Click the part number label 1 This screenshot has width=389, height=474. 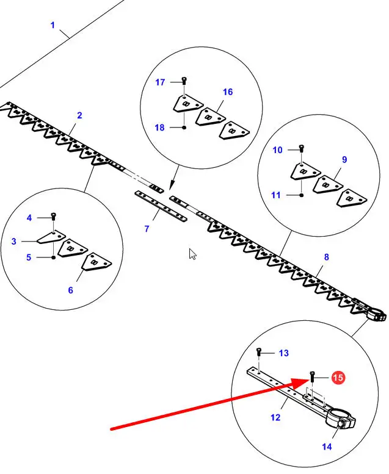pyautogui.click(x=53, y=25)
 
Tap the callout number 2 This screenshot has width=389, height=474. pyautogui.click(x=79, y=115)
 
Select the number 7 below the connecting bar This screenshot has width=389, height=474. pyautogui.click(x=147, y=229)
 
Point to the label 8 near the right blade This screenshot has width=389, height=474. pyautogui.click(x=326, y=257)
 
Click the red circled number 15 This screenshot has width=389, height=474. pyautogui.click(x=338, y=378)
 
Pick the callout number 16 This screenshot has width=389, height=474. pyautogui.click(x=228, y=92)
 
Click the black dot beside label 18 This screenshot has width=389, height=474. pyautogui.click(x=184, y=127)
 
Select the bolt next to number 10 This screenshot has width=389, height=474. pyautogui.click(x=302, y=149)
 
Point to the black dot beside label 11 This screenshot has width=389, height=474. pyautogui.click(x=302, y=195)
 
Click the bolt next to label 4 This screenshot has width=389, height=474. pyautogui.click(x=54, y=217)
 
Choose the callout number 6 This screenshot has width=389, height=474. pyautogui.click(x=70, y=290)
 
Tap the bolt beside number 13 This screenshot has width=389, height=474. pyautogui.click(x=260, y=352)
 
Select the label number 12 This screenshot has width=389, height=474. pyautogui.click(x=275, y=417)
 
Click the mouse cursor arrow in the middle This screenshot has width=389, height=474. pyautogui.click(x=193, y=254)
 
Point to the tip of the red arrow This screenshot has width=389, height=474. pyautogui.click(x=309, y=379)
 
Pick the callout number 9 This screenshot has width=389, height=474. pyautogui.click(x=344, y=159)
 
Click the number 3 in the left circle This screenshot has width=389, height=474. pyautogui.click(x=13, y=242)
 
